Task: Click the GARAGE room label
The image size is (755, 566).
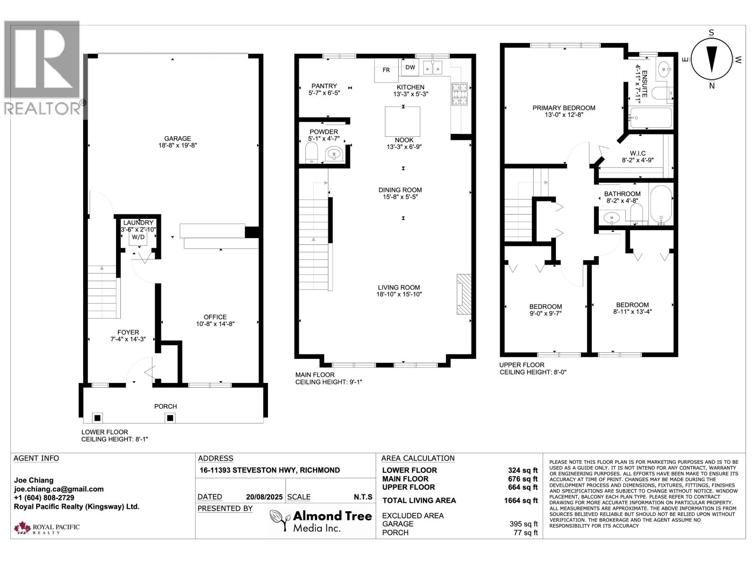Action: [x=177, y=139]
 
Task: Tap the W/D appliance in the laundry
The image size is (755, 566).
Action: [x=138, y=237]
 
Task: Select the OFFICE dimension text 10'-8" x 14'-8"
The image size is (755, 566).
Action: [x=215, y=324]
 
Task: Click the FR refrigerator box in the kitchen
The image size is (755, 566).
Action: [x=386, y=70]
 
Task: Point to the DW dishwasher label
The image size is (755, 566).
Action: [x=410, y=67]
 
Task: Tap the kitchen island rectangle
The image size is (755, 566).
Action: [x=403, y=122]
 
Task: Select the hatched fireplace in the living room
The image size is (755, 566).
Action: [x=464, y=294]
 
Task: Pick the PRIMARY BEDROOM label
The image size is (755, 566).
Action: [x=564, y=108]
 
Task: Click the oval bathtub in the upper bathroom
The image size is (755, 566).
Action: [x=661, y=205]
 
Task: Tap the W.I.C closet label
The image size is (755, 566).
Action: [x=638, y=153]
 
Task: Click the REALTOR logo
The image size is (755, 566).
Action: [x=42, y=68]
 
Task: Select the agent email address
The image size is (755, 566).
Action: [x=59, y=489]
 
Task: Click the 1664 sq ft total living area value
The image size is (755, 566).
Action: [x=521, y=501]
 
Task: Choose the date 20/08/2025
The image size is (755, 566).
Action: [x=264, y=497]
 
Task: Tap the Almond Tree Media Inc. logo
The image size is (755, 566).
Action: [x=321, y=521]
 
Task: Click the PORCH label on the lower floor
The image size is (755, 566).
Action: [x=166, y=406]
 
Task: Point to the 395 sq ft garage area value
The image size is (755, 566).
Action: [x=523, y=524]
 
